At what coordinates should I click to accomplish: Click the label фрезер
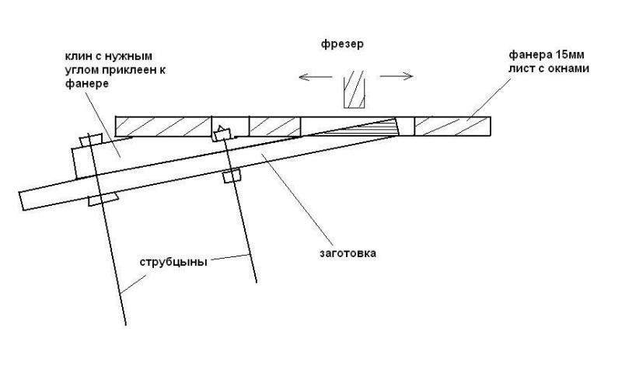coord(342,44)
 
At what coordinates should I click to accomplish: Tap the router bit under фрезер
coord(355,89)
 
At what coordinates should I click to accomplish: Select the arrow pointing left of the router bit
coord(316,76)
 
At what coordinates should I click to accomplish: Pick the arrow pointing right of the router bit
coord(397,76)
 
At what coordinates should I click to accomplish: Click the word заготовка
coord(348,253)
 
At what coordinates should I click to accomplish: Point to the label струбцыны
coord(173,263)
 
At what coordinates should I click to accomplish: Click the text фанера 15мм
coord(547,54)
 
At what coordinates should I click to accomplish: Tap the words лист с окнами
coord(549,68)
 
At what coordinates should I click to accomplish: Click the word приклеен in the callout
coord(130,70)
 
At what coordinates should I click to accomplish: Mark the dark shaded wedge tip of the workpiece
coord(357,127)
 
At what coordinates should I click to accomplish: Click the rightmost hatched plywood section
coord(453,127)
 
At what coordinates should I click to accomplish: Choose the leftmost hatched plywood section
coord(163,127)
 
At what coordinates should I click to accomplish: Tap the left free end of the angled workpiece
coord(22,201)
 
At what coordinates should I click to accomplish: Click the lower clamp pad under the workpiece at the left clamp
coord(103,200)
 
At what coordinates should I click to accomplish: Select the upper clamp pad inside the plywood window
coord(222,133)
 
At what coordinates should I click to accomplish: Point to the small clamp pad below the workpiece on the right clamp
coord(232,176)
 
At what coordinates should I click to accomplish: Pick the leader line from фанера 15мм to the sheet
coord(489,99)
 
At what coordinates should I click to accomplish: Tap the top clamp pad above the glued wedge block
coord(91,141)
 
